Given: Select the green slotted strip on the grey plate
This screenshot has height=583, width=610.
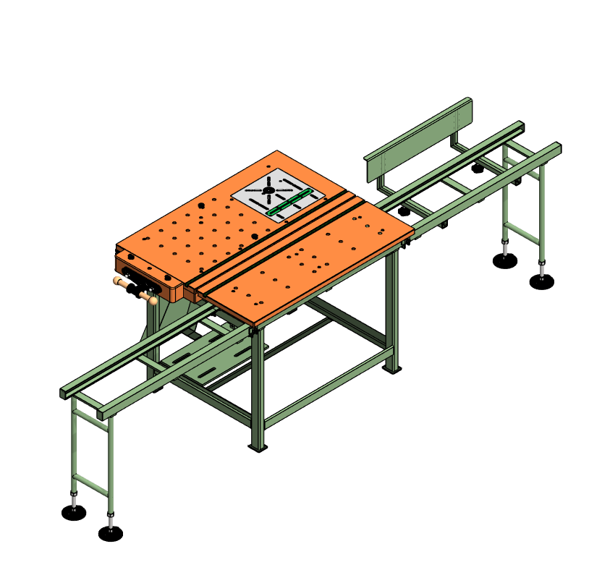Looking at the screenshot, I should click(289, 203).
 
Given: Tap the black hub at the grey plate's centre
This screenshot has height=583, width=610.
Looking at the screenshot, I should click(268, 190).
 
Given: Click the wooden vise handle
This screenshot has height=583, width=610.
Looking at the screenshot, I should click(135, 288).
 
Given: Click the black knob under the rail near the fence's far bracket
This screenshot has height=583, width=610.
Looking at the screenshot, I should click(477, 169).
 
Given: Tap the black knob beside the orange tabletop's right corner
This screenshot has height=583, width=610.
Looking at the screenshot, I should click(404, 212).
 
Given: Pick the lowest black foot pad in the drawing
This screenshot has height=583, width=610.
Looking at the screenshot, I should click(110, 534).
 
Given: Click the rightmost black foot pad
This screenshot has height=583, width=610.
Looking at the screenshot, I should click(541, 282).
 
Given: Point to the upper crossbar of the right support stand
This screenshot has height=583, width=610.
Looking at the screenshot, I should click(522, 180).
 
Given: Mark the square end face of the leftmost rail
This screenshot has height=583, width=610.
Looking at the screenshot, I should click(63, 393).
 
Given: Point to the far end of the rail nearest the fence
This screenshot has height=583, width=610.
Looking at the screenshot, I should click(520, 127).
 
